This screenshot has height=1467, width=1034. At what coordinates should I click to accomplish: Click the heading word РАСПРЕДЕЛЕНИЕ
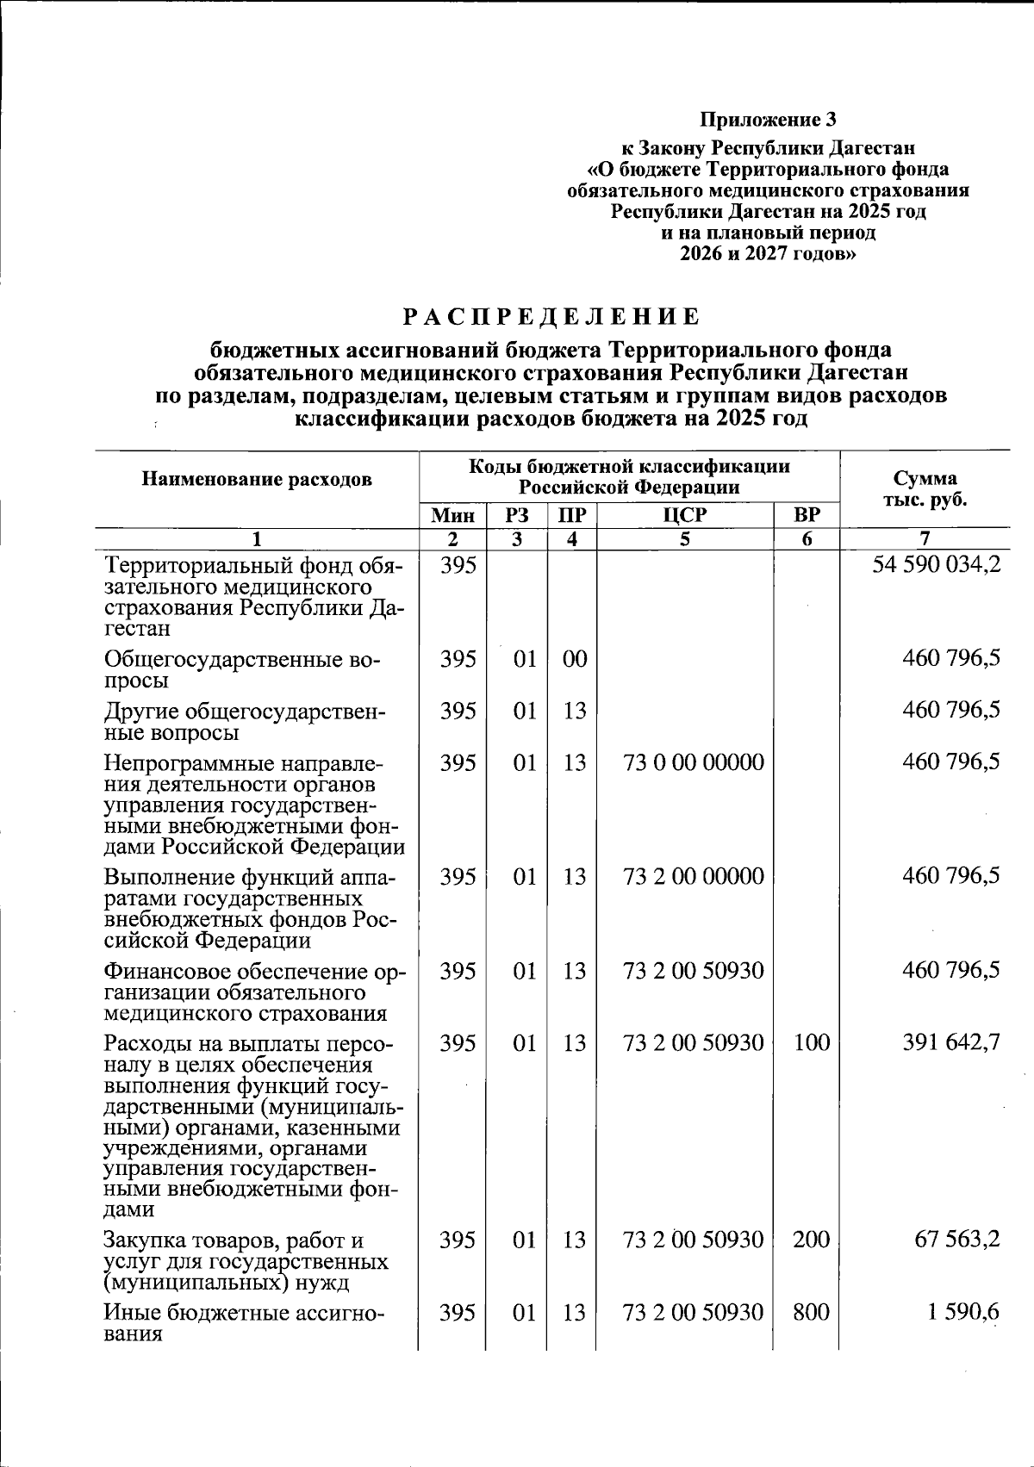(551, 317)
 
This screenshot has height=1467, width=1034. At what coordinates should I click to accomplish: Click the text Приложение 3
(767, 119)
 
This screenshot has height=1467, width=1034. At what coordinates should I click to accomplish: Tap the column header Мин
(452, 515)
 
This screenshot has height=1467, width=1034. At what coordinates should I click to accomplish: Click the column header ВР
(807, 515)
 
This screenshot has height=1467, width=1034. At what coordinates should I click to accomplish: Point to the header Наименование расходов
(257, 479)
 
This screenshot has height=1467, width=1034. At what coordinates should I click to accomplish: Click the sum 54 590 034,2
(936, 567)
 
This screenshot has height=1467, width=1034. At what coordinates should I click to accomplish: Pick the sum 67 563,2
(956, 1240)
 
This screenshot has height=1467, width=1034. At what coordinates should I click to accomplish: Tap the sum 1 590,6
(964, 1312)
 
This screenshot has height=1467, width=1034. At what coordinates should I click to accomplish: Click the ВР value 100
(811, 1043)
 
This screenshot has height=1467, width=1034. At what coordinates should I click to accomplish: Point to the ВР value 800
(811, 1312)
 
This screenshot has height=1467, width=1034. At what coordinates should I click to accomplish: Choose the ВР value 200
(811, 1240)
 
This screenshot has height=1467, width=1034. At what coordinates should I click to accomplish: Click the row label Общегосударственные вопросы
(242, 670)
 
